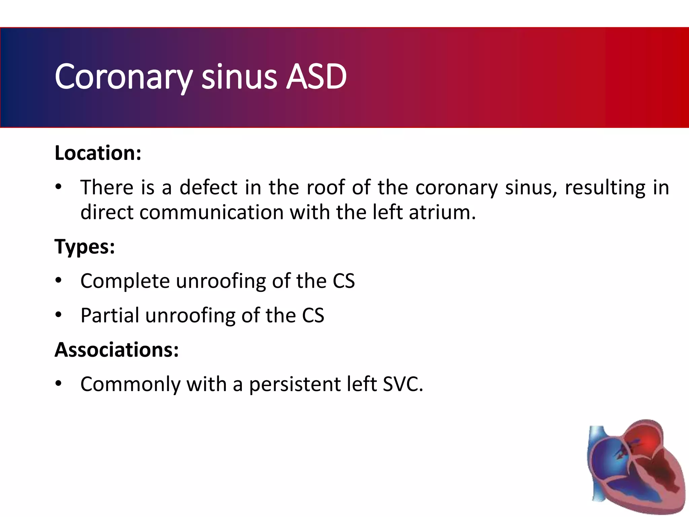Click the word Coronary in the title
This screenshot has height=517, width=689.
123,77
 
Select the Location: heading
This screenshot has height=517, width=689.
98,153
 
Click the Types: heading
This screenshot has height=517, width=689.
85,246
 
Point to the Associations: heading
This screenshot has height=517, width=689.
116,350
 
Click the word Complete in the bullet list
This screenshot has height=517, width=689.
125,281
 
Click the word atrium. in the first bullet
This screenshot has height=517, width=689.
442,212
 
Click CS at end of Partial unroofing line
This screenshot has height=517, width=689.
313,315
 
